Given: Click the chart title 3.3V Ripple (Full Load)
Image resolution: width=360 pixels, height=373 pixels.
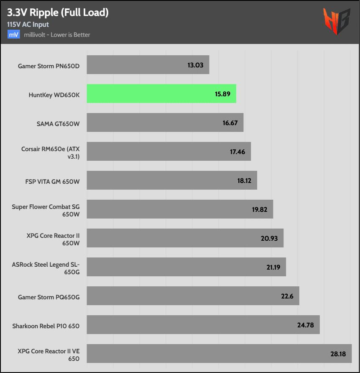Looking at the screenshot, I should click(x=58, y=13).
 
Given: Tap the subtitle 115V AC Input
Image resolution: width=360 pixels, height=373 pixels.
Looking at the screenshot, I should click(x=28, y=25).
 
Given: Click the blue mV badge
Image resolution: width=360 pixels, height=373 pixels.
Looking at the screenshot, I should click(x=13, y=35).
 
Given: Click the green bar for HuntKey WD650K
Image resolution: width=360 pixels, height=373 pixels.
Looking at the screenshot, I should click(x=161, y=93).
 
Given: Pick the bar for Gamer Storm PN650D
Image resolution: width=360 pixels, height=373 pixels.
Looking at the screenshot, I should click(x=148, y=65).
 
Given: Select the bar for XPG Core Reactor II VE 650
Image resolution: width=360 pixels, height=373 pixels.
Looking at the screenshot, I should click(x=219, y=353).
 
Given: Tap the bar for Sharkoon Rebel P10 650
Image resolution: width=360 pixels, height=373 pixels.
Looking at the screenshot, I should click(x=203, y=324).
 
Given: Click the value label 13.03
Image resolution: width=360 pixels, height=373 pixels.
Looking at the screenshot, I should click(x=196, y=65).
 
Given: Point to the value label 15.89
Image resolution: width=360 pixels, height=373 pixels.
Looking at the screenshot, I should click(x=223, y=94).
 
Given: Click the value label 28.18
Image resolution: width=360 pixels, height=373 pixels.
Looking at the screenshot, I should click(x=338, y=354).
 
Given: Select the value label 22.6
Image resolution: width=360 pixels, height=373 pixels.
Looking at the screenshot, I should click(x=287, y=296).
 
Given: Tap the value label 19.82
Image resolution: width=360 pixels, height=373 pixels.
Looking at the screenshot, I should click(x=260, y=209).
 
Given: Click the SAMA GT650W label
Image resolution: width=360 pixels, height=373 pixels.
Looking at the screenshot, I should click(x=58, y=123).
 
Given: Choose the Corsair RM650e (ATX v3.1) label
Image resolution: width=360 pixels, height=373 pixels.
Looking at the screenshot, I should click(x=51, y=152).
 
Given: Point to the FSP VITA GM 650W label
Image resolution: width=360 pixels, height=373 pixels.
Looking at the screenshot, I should click(x=52, y=180).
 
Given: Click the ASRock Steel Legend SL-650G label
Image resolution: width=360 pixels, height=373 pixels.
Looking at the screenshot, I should click(x=46, y=267).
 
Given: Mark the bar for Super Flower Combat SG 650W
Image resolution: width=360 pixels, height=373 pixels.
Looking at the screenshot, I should click(x=180, y=209).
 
